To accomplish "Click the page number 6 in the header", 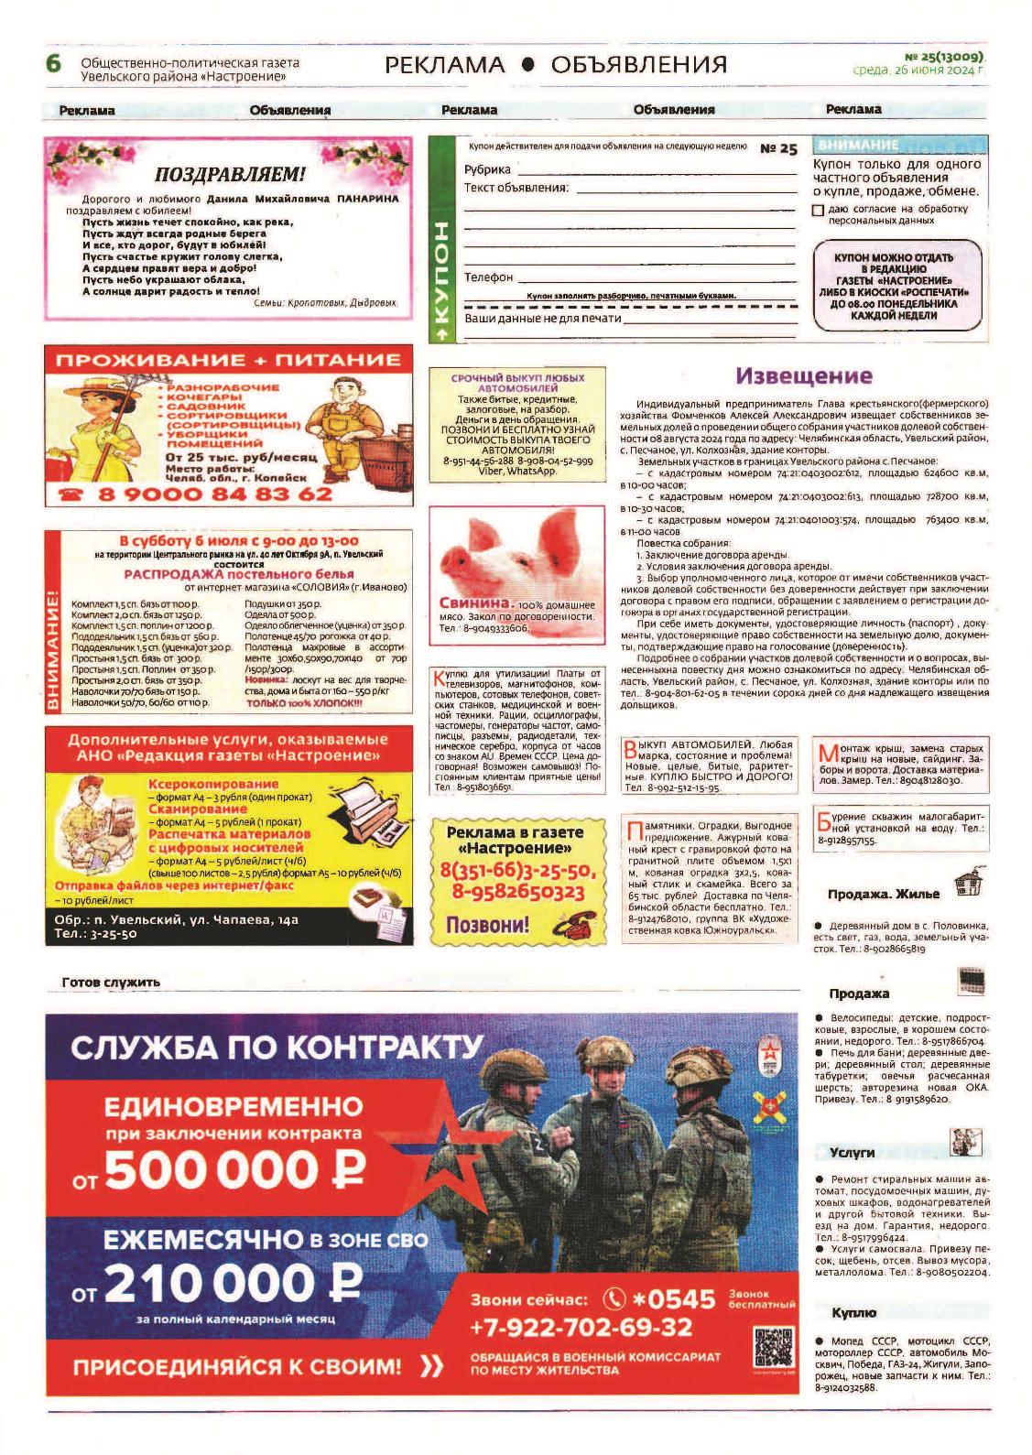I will [53, 64].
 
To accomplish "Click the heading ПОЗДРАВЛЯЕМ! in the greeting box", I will [230, 175].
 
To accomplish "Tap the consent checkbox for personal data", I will [818, 211].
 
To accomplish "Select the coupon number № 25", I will [779, 149].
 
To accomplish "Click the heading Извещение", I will [804, 375].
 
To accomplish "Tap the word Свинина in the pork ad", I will [474, 604].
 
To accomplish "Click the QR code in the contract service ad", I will [772, 1346].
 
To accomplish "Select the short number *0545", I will [673, 1299].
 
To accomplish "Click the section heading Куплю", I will [853, 1313].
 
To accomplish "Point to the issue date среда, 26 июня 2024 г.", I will [917, 69].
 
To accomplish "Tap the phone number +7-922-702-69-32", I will [581, 1327].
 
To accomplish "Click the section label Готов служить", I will [111, 983].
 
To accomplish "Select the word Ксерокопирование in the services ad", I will [213, 785].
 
